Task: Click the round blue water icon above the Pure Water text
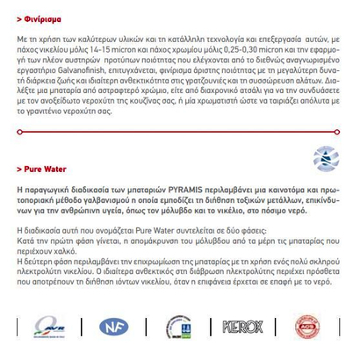(x=325, y=158)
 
